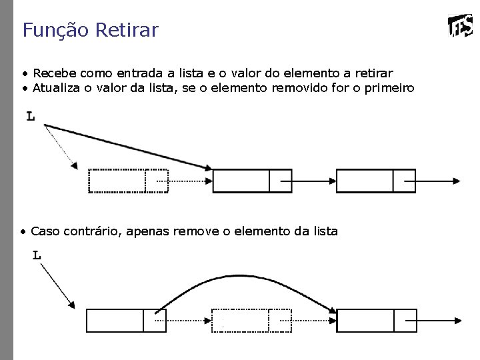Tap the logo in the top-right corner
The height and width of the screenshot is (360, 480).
point(461,27)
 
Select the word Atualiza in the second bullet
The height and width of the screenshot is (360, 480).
point(57,88)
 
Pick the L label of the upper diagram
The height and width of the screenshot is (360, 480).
point(31,117)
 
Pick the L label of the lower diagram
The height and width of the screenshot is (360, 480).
point(37,255)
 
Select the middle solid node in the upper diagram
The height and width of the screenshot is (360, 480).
point(252,181)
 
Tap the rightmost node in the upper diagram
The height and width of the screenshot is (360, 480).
point(376,181)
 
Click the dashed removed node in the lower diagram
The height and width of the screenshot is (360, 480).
point(251,320)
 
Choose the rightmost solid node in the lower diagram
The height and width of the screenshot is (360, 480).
point(376,321)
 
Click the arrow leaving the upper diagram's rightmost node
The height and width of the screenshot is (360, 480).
point(437,181)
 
